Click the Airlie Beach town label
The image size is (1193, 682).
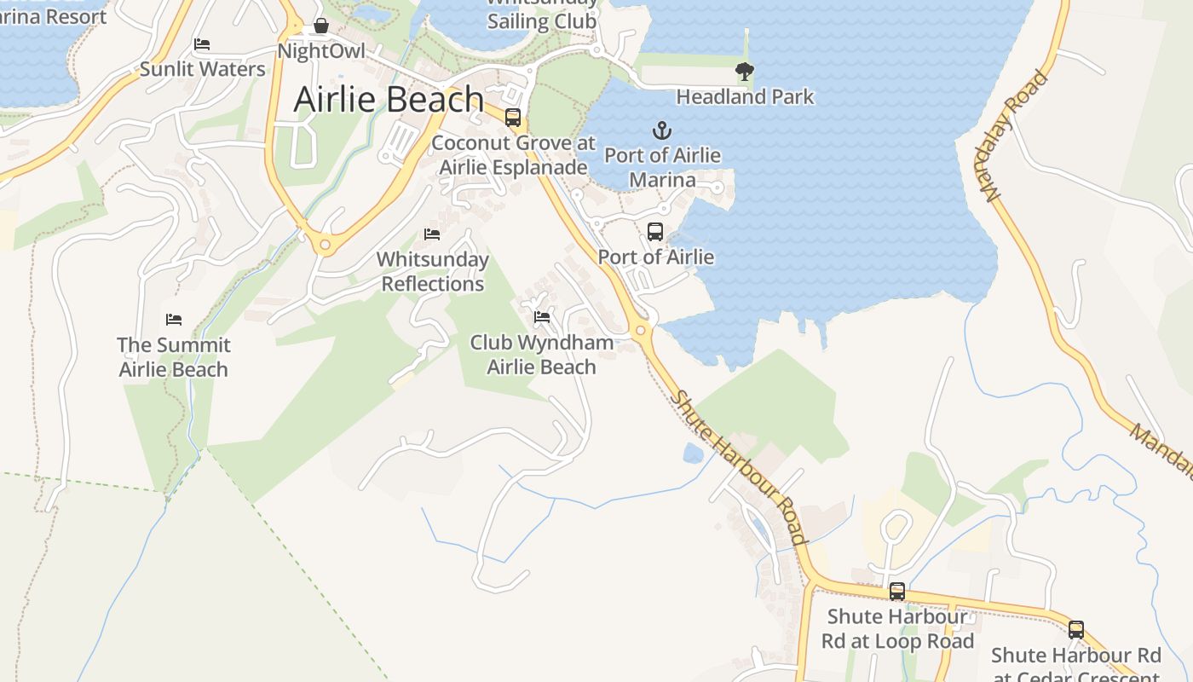tap(389, 100)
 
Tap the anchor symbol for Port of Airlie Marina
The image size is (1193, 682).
tap(662, 130)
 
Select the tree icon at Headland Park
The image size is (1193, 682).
tap(745, 72)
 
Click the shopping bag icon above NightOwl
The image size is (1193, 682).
tap(321, 26)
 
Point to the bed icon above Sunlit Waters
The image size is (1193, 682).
tap(202, 44)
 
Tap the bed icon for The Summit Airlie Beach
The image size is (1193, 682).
tap(174, 320)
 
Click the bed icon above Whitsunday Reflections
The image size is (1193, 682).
tap(432, 234)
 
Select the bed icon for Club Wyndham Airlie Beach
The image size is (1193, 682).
tap(541, 318)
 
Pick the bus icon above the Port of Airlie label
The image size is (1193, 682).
tap(655, 231)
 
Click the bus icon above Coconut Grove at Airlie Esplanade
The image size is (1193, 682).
tap(513, 118)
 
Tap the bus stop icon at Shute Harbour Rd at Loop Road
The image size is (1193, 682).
tap(897, 591)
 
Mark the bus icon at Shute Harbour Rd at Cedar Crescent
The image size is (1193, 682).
tap(1076, 630)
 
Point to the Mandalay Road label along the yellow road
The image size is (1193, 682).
tap(1016, 136)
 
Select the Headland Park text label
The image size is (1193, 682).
tap(745, 97)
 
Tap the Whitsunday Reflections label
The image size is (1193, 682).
tap(433, 271)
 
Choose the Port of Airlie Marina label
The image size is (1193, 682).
tap(662, 168)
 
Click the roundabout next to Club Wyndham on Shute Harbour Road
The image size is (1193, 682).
tap(641, 330)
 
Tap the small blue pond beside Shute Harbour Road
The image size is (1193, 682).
tap(693, 454)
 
